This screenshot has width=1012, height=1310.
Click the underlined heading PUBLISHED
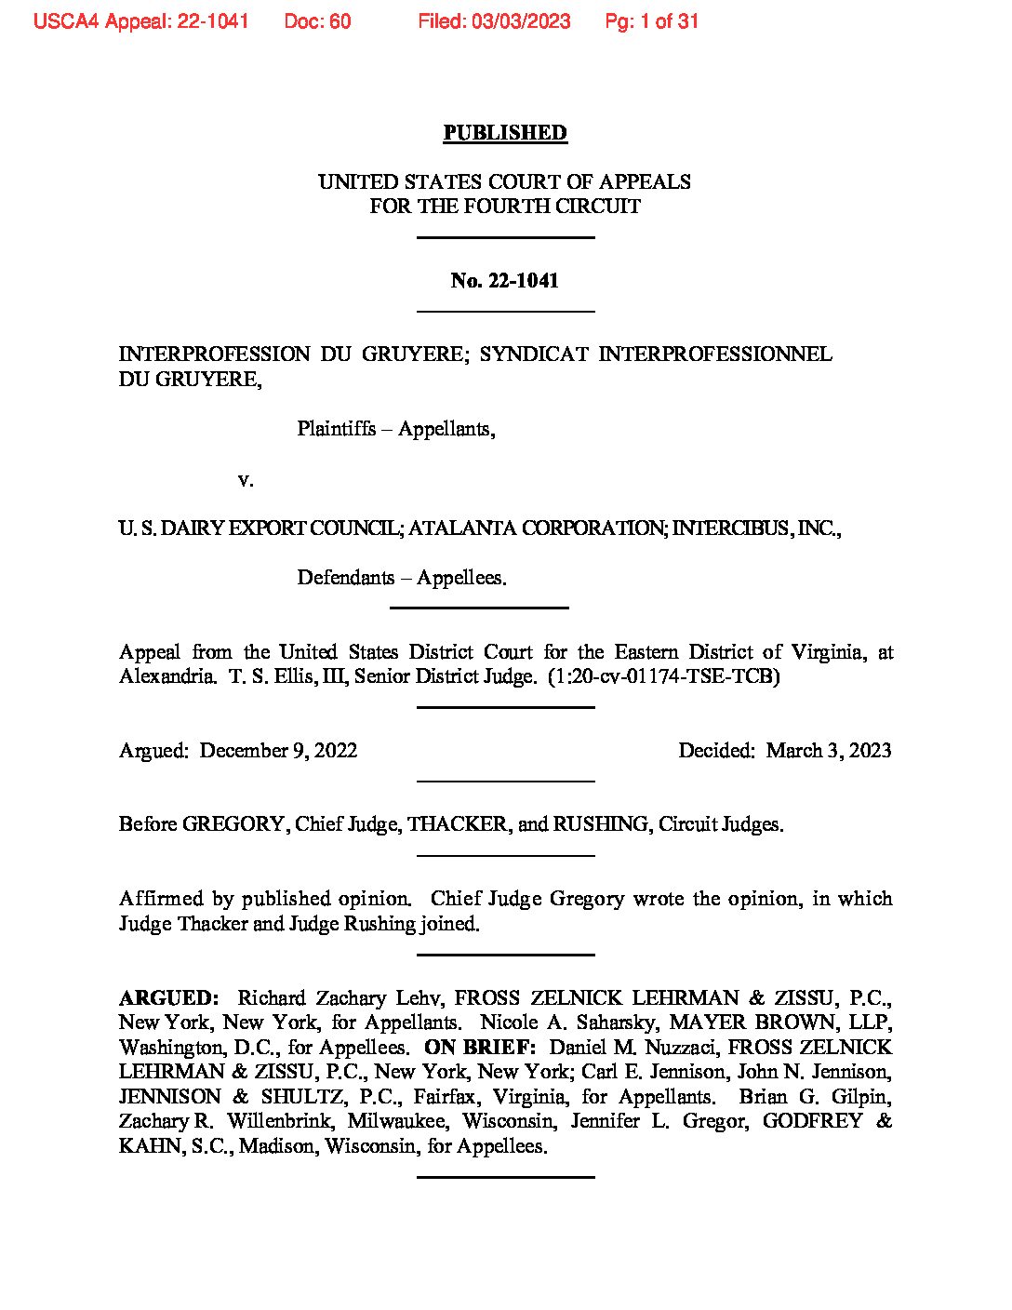pyautogui.click(x=504, y=133)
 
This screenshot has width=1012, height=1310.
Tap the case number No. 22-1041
pyautogui.click(x=504, y=281)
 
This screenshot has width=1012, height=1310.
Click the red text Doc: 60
pyautogui.click(x=317, y=21)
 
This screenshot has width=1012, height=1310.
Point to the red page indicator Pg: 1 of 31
pyautogui.click(x=651, y=21)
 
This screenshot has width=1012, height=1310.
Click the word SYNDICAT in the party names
pyautogui.click(x=534, y=354)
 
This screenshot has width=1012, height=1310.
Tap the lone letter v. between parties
pyautogui.click(x=245, y=480)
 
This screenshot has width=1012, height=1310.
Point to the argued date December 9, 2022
pyautogui.click(x=278, y=751)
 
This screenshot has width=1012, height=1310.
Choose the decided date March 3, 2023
pyautogui.click(x=829, y=751)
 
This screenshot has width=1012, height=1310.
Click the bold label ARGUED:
pyautogui.click(x=168, y=998)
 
